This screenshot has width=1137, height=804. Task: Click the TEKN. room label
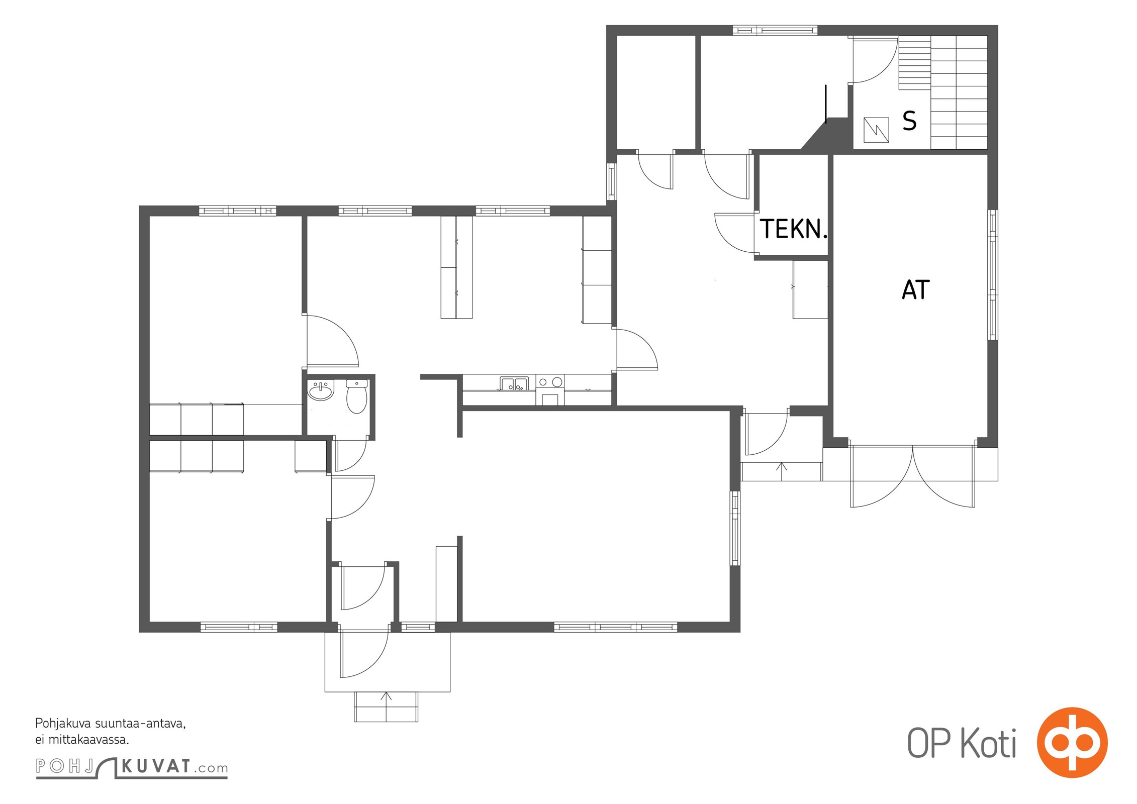pos(794,229)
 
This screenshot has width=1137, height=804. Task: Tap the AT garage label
pos(916,290)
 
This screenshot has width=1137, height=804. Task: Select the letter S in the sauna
pos(909,121)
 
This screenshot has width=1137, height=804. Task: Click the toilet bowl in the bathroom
pos(357,396)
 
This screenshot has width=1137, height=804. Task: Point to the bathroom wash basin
pos(321,390)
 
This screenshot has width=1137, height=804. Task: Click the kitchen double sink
pos(514,384)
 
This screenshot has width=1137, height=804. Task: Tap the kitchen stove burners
pos(550,382)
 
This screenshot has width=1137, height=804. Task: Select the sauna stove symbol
pos(876,130)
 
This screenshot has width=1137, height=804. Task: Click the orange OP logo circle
pos(1072,742)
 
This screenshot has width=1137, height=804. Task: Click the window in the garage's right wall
pos(993,274)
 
